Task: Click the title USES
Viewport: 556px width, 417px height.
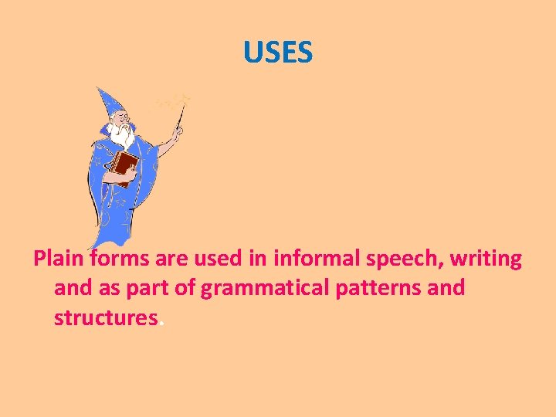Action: [x=277, y=53]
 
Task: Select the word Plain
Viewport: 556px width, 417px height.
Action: [x=60, y=259]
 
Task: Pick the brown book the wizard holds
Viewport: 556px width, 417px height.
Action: [x=124, y=165]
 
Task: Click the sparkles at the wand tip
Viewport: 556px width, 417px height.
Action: [x=176, y=100]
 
